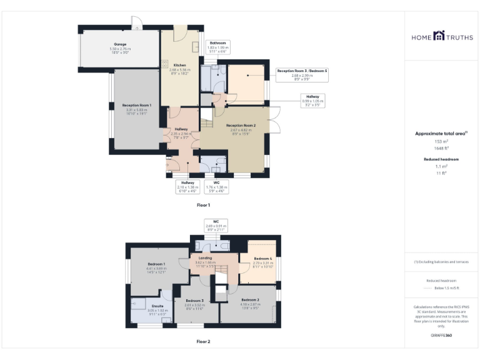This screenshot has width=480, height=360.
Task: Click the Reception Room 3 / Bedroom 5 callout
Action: (302, 75)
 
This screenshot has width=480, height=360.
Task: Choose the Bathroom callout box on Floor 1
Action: (217, 47)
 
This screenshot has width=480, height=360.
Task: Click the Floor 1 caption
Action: (204, 205)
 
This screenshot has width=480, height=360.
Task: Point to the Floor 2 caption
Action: (204, 342)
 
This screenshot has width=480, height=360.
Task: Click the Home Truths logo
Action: (442, 37)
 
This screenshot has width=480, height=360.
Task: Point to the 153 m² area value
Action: (442, 142)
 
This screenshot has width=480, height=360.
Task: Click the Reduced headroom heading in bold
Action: (442, 159)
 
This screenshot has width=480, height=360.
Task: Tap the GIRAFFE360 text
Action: (442, 336)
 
